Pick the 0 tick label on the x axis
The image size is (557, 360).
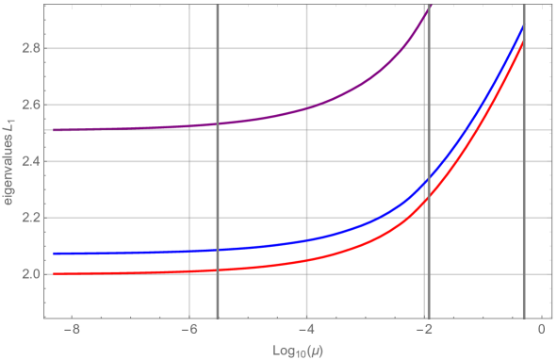click(x=542, y=331)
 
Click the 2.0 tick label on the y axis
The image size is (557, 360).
click(x=28, y=274)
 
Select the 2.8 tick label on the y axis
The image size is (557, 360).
click(x=28, y=48)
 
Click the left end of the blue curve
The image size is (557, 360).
click(x=55, y=254)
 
